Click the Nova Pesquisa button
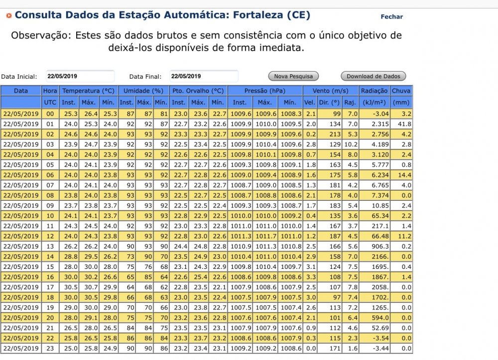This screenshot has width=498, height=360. (294, 76)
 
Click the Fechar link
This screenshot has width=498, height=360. (391, 16)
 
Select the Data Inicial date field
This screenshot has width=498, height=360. (80, 76)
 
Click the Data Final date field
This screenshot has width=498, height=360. (204, 76)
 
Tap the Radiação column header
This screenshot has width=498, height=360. (374, 91)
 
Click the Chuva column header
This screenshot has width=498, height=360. (401, 91)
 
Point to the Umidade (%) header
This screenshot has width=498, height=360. (143, 91)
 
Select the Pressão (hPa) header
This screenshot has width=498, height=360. (264, 91)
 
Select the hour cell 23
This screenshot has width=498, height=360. (50, 348)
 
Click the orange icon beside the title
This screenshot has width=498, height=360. (9, 15)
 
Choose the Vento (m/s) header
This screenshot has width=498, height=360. (330, 91)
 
